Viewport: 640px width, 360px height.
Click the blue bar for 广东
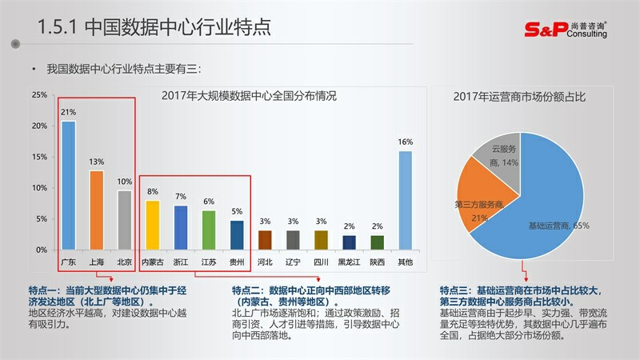coord(69,185)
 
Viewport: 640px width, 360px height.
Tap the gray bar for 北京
coord(124,219)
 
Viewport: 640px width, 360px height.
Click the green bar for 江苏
coord(209,230)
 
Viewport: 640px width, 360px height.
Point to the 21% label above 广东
coord(69,112)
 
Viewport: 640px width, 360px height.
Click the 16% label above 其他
coord(406,142)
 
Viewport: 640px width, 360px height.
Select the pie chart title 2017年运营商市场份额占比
coord(520,96)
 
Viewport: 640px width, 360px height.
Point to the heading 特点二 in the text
coord(249,290)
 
